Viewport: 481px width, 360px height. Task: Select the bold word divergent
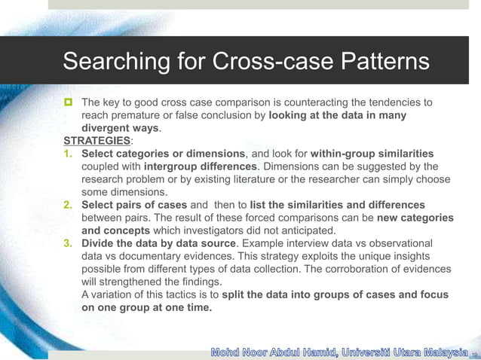(106, 128)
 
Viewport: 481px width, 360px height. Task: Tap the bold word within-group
(345, 154)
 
